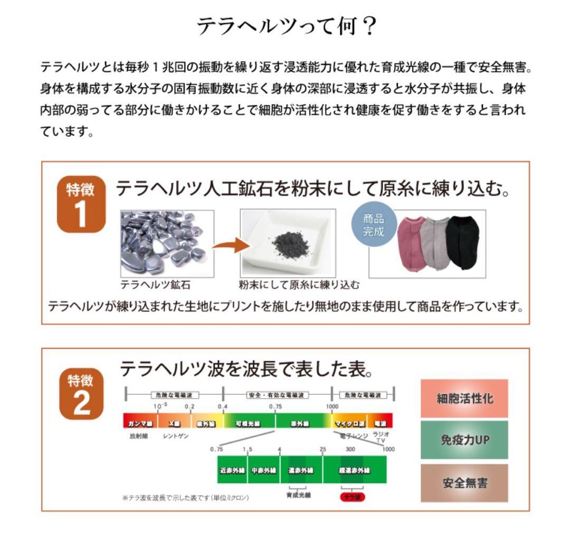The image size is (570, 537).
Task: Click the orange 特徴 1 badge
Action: click(81, 204)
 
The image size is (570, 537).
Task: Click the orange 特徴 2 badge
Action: click(81, 394)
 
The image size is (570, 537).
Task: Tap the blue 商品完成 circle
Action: click(373, 225)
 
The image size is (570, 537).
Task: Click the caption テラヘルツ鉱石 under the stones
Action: click(155, 285)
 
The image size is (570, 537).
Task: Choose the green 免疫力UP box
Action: click(464, 439)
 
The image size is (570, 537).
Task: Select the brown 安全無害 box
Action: click(464, 483)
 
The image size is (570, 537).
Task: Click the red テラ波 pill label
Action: click(351, 497)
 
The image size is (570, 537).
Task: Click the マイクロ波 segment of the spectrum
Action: click(349, 424)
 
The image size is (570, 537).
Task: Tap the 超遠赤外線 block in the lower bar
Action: click(354, 470)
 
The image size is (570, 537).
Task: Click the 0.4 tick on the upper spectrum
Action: click(222, 407)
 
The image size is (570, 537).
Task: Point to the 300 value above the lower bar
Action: click(350, 449)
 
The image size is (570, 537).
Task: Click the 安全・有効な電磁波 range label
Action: click(277, 394)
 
